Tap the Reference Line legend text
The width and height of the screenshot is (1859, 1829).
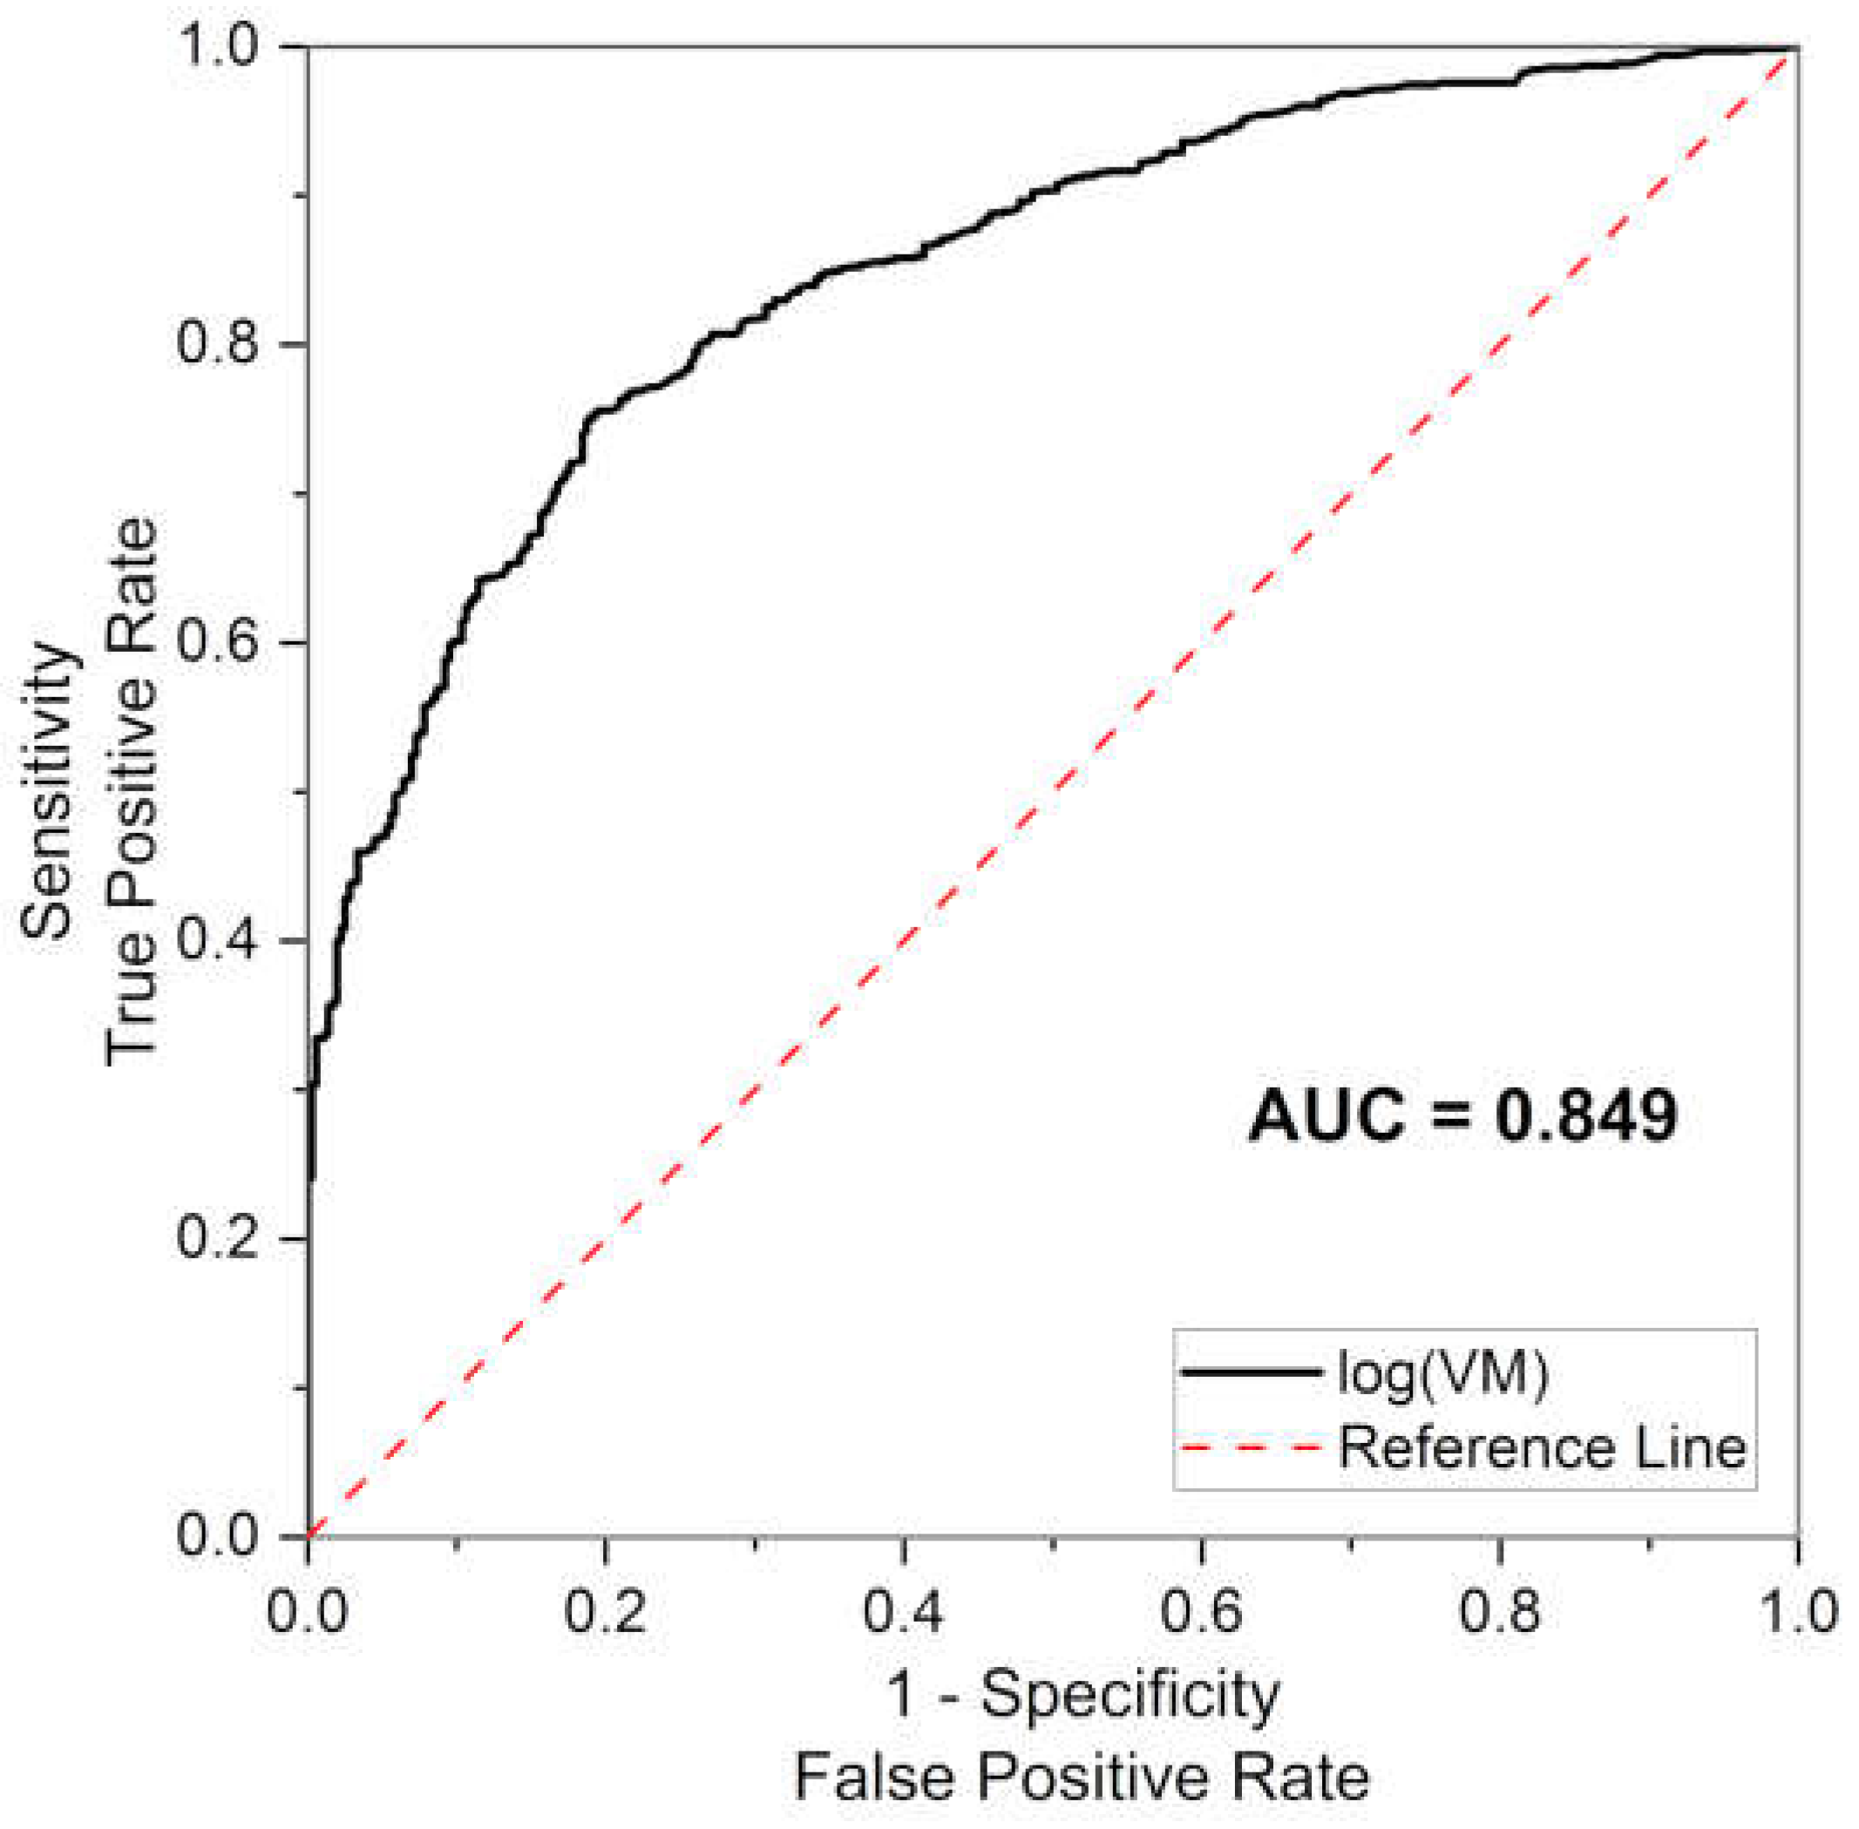1542,1446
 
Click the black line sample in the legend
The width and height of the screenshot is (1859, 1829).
1251,1372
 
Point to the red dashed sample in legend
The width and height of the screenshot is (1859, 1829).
1251,1446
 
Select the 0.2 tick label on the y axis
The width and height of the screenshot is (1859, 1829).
218,1238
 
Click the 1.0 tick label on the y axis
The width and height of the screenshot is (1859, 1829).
218,47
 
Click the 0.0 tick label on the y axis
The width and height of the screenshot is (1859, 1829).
218,1535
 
